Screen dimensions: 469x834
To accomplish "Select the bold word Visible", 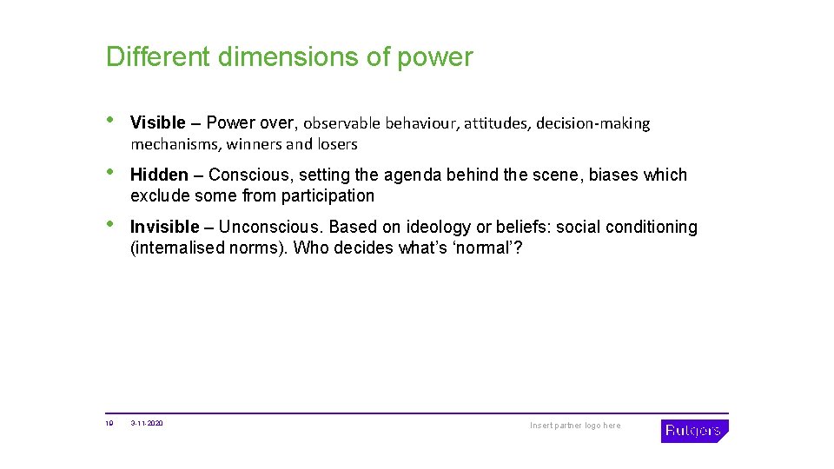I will [x=157, y=123].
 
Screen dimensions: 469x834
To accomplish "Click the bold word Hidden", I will [x=158, y=175].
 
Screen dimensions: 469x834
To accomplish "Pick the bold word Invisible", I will [x=164, y=228].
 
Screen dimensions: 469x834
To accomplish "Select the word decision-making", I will [x=592, y=123].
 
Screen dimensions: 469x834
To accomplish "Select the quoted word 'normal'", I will [x=487, y=248].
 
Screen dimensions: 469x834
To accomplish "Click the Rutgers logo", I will [x=694, y=431].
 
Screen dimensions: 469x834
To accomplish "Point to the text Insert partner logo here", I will [x=575, y=426].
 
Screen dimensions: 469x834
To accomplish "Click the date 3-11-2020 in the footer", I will [x=147, y=424].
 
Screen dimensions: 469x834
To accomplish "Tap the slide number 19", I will [x=109, y=424].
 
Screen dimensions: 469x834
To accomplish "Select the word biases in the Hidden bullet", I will [x=614, y=175].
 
